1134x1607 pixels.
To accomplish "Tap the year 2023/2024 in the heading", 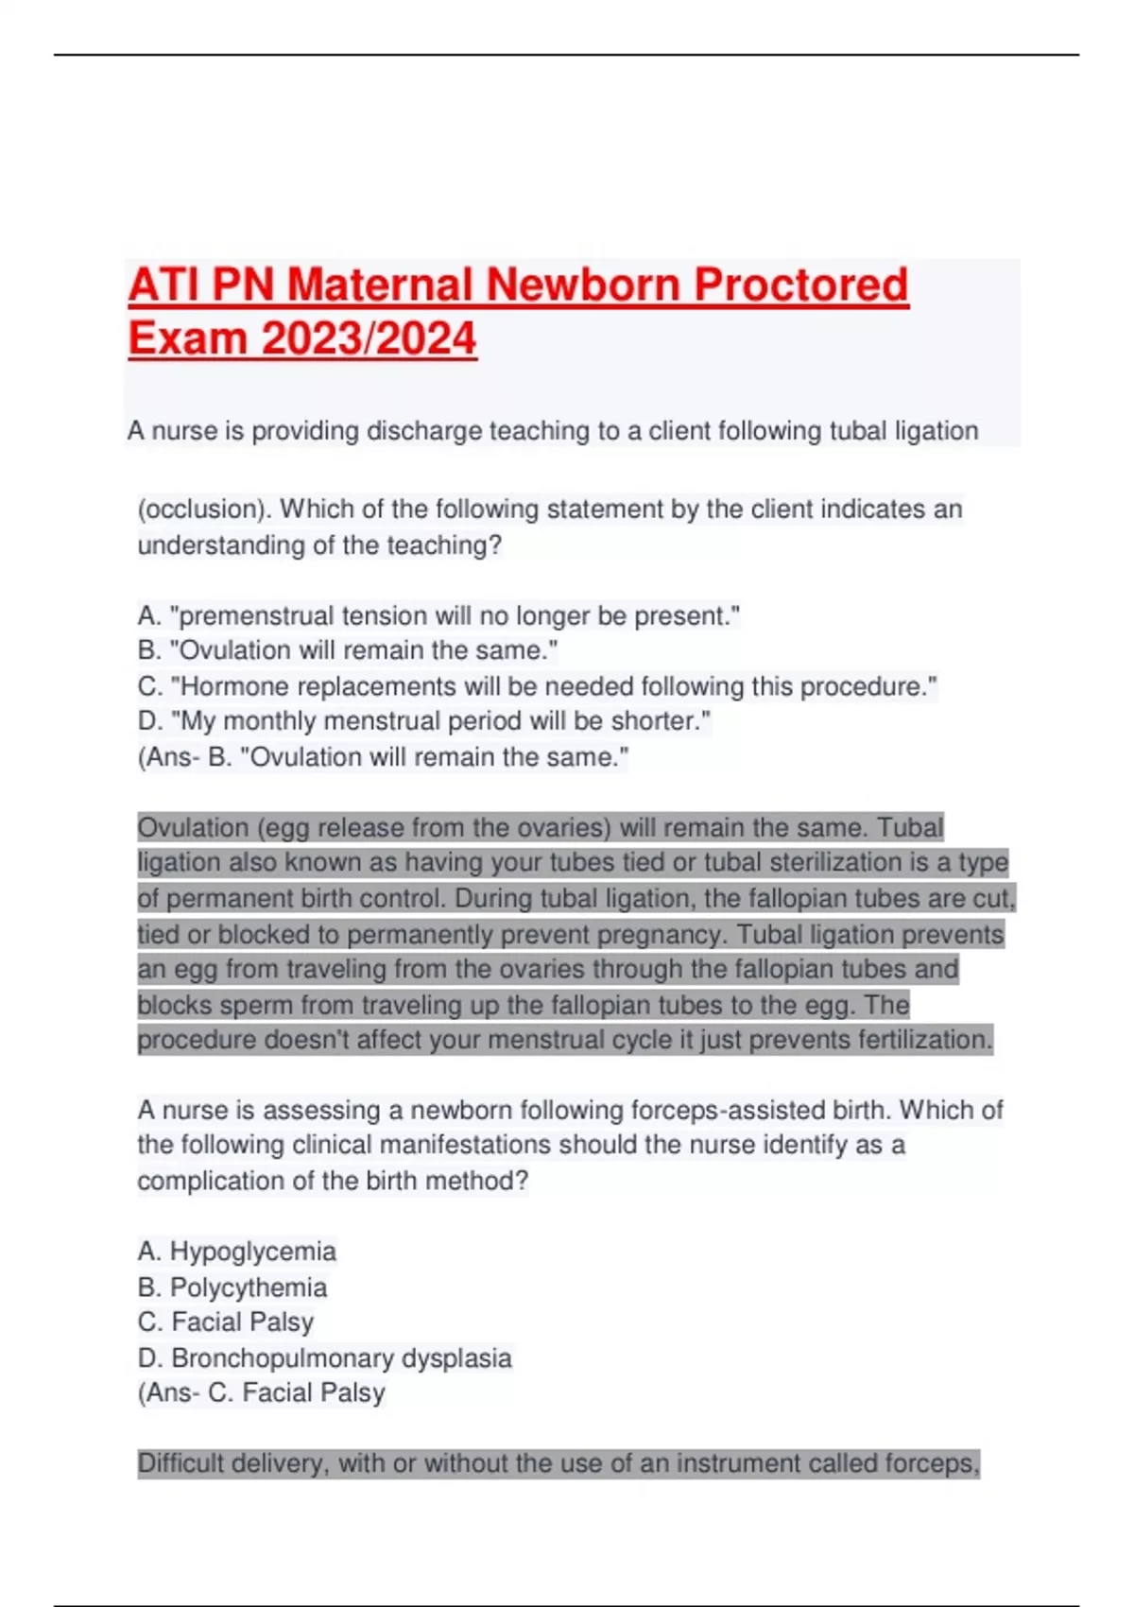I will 369,339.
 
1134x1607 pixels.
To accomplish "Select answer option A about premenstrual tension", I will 438,616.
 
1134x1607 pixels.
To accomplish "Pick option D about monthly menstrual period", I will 424,721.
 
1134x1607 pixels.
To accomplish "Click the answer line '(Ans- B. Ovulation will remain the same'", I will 383,757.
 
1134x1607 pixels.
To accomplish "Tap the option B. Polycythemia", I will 232,1287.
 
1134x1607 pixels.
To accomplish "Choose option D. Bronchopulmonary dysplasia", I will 324,1358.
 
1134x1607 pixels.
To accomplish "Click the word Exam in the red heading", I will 188,339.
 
